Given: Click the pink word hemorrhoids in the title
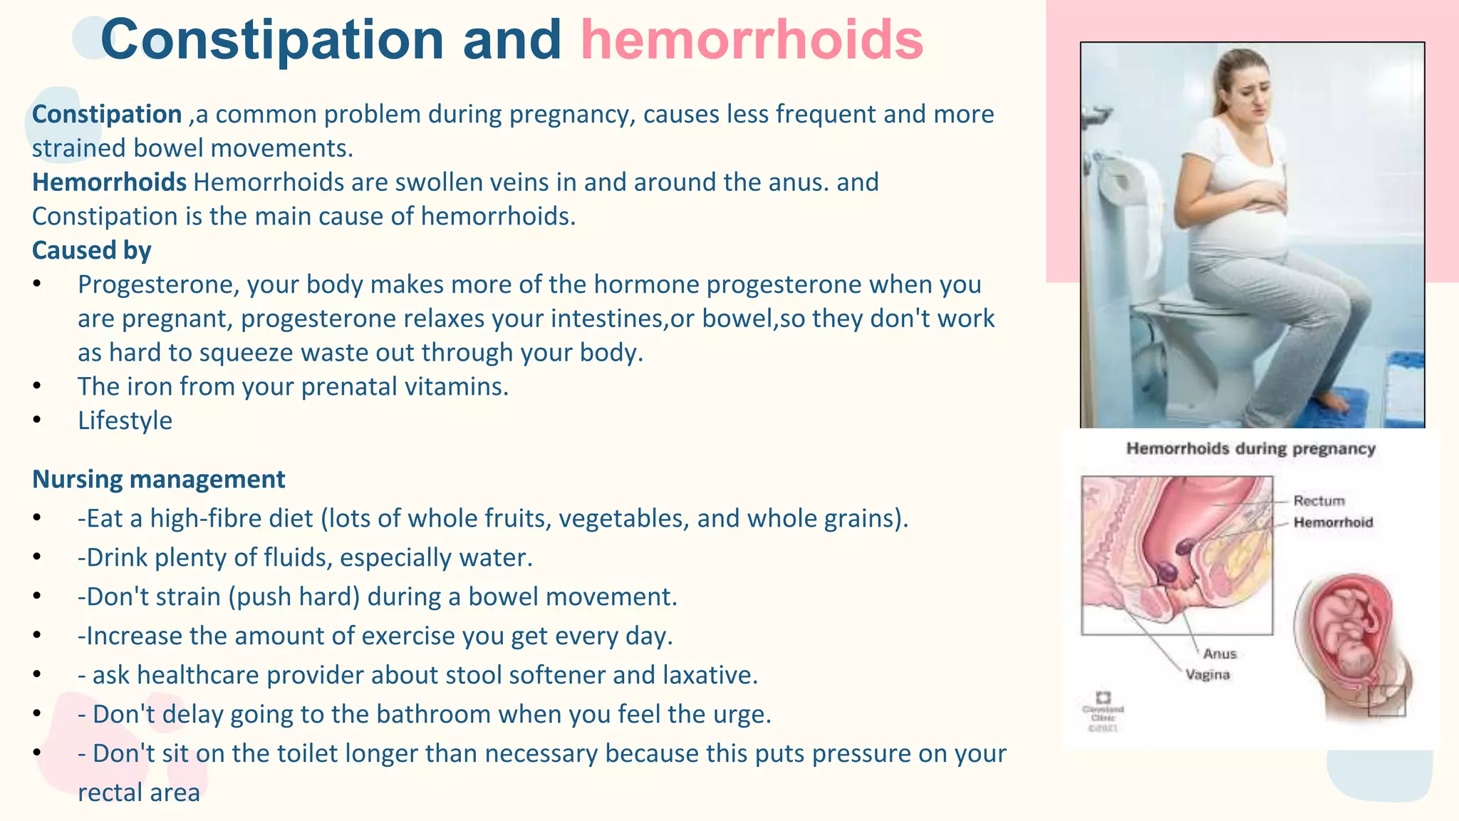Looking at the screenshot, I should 752,39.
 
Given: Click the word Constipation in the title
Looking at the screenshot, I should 272,39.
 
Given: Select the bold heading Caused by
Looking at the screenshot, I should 91,251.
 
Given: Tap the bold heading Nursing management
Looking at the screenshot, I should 158,480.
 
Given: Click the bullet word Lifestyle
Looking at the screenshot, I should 125,420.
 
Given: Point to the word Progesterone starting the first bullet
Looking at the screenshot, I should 158,284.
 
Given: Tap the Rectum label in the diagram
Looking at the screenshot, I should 1319,501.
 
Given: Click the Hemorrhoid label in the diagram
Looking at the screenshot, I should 1333,522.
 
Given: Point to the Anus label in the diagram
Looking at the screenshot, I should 1220,654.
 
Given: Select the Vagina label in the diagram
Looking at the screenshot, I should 1208,674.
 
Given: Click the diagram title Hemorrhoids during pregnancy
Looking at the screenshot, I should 1250,449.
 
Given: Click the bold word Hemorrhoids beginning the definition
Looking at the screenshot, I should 109,182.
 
